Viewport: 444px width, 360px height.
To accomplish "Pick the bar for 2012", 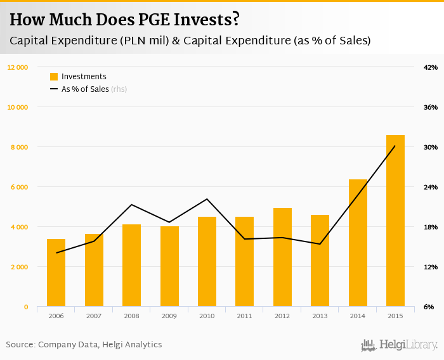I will coord(282,257).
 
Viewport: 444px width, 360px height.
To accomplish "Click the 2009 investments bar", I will coord(169,266).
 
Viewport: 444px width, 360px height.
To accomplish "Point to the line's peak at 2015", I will coord(395,146).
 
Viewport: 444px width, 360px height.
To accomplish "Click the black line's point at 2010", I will coord(207,199).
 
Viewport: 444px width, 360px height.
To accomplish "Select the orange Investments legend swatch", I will coord(54,77).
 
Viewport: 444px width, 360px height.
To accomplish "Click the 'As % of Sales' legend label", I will coord(85,89).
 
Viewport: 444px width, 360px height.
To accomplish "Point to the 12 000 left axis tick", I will coord(17,67).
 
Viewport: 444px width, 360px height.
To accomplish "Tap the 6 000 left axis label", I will coord(19,187).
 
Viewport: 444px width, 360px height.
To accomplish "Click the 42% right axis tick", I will coord(431,67).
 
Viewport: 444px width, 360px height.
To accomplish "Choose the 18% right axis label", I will coord(431,227).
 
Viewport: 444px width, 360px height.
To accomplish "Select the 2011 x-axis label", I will coord(244,316).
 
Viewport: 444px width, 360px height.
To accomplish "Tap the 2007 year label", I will coord(94,316).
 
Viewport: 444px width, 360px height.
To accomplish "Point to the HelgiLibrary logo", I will coord(400,345).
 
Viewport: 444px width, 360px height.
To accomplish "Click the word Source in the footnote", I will coord(20,345).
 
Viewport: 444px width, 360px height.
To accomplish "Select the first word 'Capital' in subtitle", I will coord(29,41).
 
